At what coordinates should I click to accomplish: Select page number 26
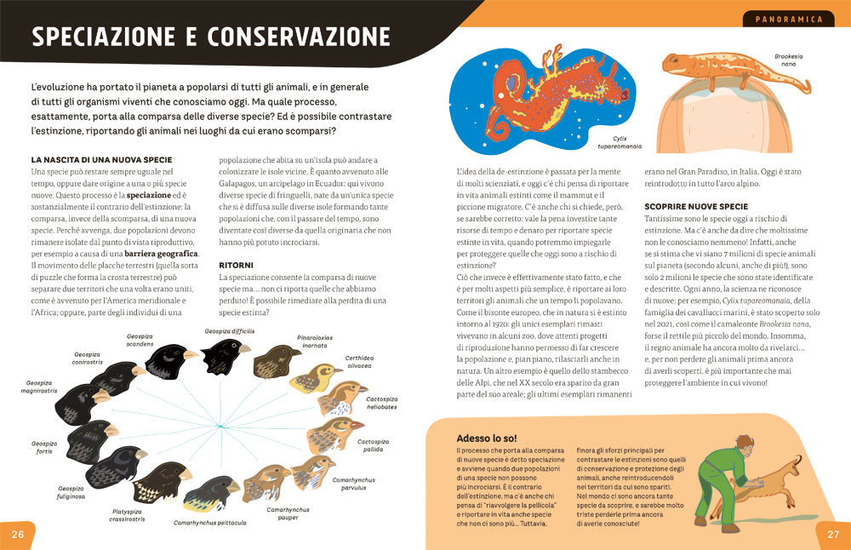point(17,534)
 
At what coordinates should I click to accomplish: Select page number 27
point(833,534)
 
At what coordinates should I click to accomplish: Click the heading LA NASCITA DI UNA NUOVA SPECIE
point(101,159)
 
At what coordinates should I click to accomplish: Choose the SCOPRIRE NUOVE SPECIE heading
point(696,206)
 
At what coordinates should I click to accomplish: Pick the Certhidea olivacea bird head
point(315,377)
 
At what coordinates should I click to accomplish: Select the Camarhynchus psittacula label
point(209,522)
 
